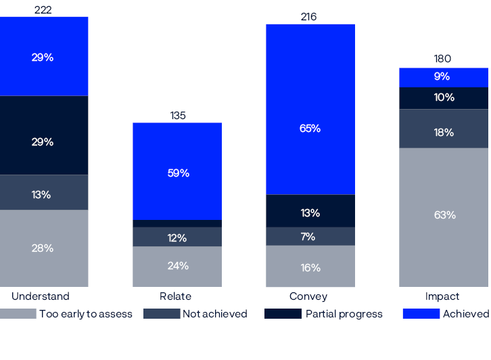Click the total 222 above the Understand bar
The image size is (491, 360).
(x=42, y=9)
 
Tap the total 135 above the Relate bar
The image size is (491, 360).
(x=177, y=116)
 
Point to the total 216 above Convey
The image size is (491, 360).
(x=308, y=17)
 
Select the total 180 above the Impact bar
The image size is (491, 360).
(x=442, y=59)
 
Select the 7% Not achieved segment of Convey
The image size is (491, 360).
(x=310, y=236)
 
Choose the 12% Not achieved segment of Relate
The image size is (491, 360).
(x=177, y=237)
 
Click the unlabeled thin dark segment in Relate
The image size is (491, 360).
(x=177, y=223)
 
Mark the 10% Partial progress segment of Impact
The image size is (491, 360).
(x=444, y=98)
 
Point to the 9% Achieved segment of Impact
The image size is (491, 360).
(x=444, y=77)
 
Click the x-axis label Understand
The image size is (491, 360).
(x=41, y=296)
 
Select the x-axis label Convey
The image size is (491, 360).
(x=308, y=296)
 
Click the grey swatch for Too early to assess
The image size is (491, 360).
(x=18, y=314)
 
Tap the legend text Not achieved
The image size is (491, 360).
(x=215, y=314)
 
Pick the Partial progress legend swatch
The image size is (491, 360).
(x=283, y=314)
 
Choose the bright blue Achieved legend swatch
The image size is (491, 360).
(x=421, y=314)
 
